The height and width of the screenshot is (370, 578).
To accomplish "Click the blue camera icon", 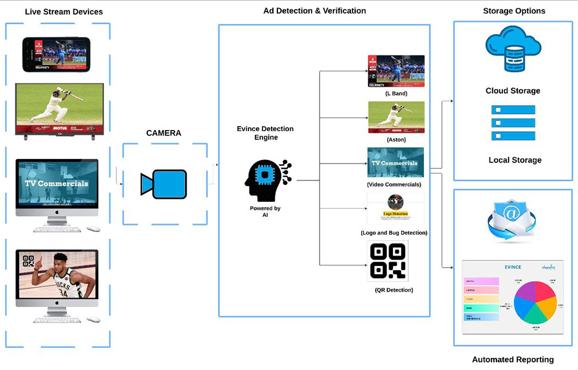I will pos(164,184).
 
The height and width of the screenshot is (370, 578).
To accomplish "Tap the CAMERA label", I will pos(164,133).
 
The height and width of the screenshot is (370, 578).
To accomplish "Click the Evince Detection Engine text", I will pos(265,133).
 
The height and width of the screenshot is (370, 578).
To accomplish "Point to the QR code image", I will pos(387,261).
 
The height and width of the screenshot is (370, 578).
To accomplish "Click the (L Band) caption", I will pos(396,93).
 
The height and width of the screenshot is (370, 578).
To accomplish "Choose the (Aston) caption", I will pos(396,139).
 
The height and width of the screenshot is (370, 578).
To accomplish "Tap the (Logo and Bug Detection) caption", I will pos(394,232).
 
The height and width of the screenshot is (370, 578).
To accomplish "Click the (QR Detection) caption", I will pos(394,289).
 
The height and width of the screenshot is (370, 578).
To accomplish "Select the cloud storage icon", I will pos(512,53).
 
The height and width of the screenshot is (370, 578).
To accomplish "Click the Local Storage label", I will pos(515,160).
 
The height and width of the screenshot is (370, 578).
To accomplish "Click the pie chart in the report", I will pos(532,301).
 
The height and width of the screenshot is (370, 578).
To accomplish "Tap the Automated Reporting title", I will pos(513,360).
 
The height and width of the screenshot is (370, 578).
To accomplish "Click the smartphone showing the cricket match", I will pos(56,54).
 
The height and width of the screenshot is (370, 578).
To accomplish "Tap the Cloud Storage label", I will pos(513,91).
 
